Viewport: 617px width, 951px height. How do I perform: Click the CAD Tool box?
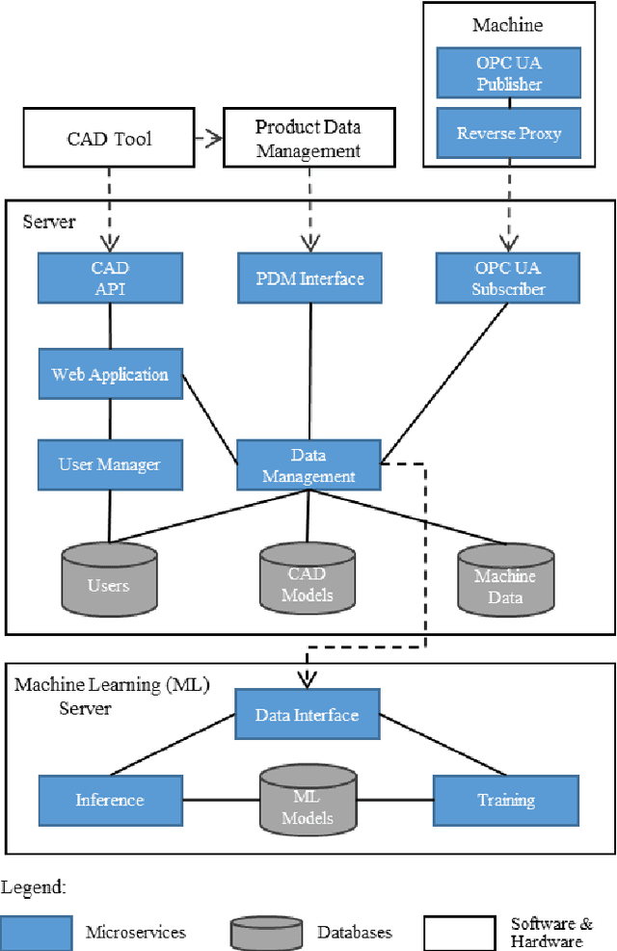point(109,139)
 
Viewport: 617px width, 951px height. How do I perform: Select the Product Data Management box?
point(308,139)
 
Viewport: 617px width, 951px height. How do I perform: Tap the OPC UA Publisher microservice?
point(508,74)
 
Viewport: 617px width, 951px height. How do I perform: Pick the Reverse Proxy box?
point(508,133)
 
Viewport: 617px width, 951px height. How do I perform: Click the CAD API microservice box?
point(109,277)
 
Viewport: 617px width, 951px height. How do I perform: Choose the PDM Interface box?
point(308,278)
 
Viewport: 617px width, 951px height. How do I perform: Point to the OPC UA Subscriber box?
point(508,277)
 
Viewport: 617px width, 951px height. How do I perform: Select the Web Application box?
point(109,375)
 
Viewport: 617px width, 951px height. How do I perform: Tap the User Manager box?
point(109,464)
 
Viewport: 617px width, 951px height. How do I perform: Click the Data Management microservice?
point(308,464)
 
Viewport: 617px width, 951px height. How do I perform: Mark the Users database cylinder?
point(108,581)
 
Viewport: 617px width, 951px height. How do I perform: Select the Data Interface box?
point(308,715)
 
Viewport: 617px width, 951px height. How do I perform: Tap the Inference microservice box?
point(110,800)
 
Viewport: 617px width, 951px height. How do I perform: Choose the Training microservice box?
point(506,800)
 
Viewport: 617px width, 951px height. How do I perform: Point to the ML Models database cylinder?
point(312,803)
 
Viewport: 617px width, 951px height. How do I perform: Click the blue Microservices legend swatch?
point(37,932)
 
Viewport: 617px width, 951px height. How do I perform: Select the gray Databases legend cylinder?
point(265,932)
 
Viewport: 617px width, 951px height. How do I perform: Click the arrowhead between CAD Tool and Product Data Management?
point(215,138)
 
